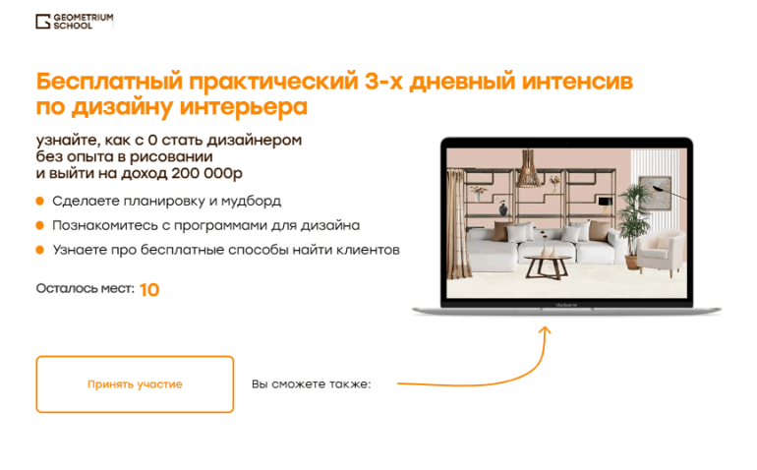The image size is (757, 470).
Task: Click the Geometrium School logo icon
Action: point(43,22)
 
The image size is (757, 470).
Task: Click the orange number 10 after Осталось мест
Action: point(149,290)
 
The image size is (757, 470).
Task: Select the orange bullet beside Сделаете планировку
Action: point(40,202)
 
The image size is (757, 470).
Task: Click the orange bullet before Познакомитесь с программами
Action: point(40,225)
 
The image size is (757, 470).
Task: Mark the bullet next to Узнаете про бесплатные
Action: point(40,250)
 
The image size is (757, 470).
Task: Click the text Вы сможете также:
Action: point(311,384)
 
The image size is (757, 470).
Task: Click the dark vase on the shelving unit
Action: point(502,208)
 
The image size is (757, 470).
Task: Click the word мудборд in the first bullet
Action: point(252,202)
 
